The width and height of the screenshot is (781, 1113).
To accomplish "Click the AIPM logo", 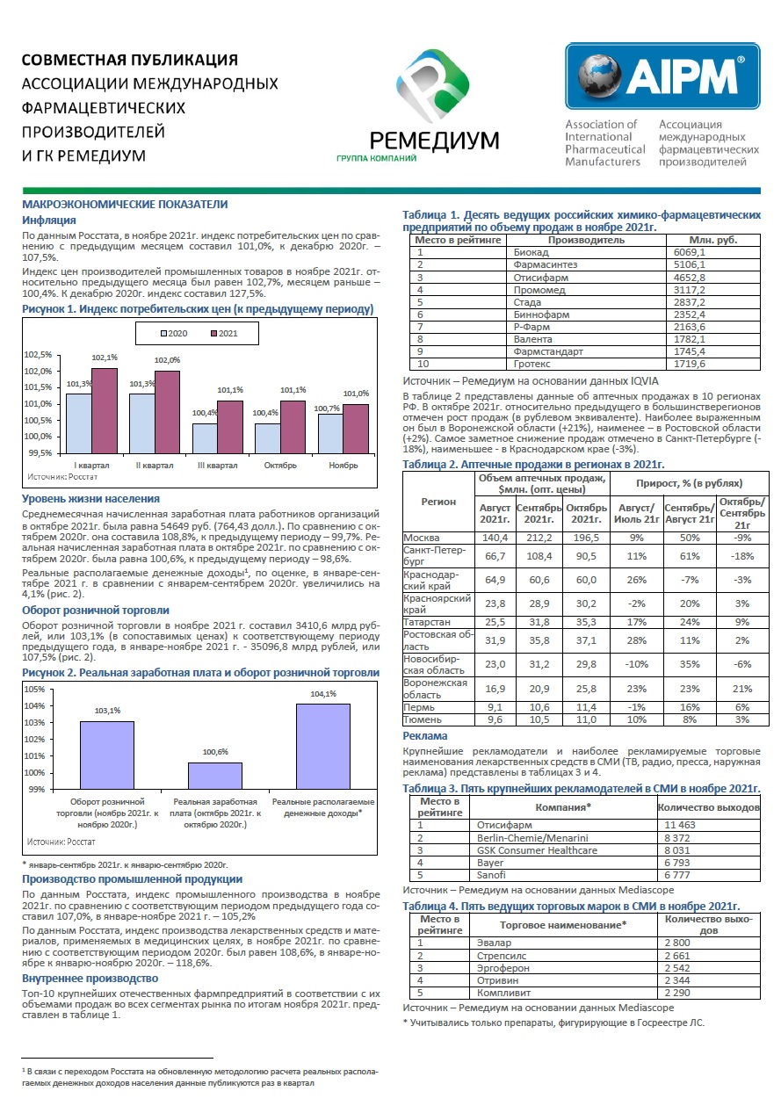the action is pyautogui.click(x=662, y=76).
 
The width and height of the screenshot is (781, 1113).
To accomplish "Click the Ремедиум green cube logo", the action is pyautogui.click(x=432, y=85).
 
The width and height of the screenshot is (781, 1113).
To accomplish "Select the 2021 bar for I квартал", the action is pyautogui.click(x=105, y=410).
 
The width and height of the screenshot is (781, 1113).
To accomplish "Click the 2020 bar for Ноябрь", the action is pyautogui.click(x=330, y=433).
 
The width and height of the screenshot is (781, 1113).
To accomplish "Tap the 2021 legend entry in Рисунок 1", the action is pyautogui.click(x=224, y=334).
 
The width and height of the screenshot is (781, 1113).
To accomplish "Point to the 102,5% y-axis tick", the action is pyautogui.click(x=38, y=355).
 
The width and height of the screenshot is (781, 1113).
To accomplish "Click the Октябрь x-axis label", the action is pyautogui.click(x=280, y=466).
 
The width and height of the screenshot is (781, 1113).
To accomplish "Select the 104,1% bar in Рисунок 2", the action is pyautogui.click(x=323, y=746).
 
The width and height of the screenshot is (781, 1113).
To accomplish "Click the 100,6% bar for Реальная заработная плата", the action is pyautogui.click(x=215, y=776).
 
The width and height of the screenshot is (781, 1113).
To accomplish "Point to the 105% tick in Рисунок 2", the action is pyautogui.click(x=35, y=690).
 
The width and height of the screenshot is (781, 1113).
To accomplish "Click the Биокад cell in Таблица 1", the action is pyautogui.click(x=531, y=252).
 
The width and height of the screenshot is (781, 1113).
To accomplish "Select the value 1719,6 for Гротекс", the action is pyautogui.click(x=689, y=364).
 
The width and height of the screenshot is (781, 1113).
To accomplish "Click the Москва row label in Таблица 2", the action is pyautogui.click(x=422, y=538).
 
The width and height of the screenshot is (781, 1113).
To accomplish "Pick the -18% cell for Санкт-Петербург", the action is pyautogui.click(x=742, y=556).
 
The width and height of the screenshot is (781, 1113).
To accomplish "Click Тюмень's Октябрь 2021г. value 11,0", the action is pyautogui.click(x=586, y=719).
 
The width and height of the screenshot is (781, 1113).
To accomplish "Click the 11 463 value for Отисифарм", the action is pyautogui.click(x=680, y=825).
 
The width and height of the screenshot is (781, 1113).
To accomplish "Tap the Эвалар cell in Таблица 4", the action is pyautogui.click(x=494, y=943).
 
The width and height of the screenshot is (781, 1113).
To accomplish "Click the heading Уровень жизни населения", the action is pyautogui.click(x=90, y=499).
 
